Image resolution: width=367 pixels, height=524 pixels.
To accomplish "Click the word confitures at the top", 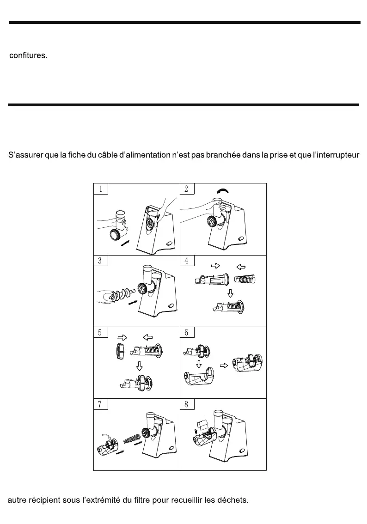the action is pos(28,56).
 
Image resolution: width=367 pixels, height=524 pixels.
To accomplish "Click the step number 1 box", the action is pos(101,189).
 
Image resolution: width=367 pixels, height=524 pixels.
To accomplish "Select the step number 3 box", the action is pos(101,260).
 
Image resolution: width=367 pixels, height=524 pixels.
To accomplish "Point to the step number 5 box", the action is pos(101,332).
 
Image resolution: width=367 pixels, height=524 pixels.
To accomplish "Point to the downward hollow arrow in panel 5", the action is pos(138,367).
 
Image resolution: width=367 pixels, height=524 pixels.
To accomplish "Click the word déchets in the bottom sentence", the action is pos(234,501).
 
